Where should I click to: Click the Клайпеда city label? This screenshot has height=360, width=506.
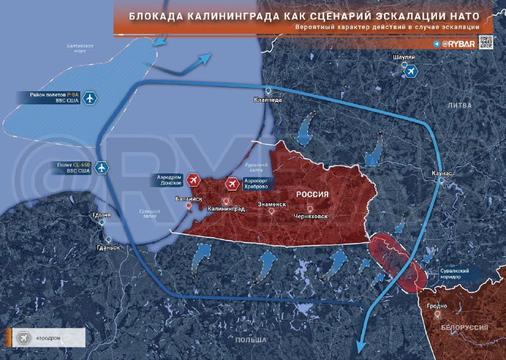click(x=268, y=100)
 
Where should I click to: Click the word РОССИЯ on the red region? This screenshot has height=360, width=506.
click(x=313, y=194)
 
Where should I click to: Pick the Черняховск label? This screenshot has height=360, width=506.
click(x=310, y=216)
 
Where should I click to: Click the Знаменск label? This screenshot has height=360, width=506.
click(x=273, y=204)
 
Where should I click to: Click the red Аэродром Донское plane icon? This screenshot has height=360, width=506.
click(x=194, y=182)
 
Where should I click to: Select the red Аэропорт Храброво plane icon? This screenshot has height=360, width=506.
click(x=232, y=183)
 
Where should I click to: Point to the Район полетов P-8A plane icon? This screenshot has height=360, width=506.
click(x=90, y=98)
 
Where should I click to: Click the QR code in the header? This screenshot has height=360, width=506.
click(x=485, y=42)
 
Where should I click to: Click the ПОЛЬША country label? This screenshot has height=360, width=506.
click(x=250, y=340)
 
